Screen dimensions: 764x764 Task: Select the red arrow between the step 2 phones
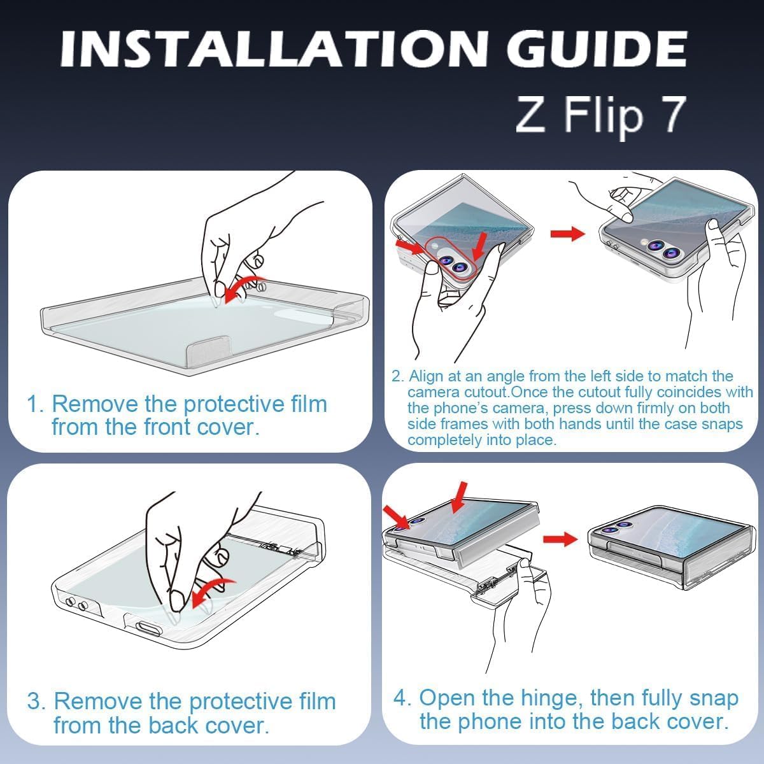coord(567,234)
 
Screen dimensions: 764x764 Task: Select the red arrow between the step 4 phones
coord(560,539)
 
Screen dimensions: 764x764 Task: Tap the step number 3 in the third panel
coord(36,701)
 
